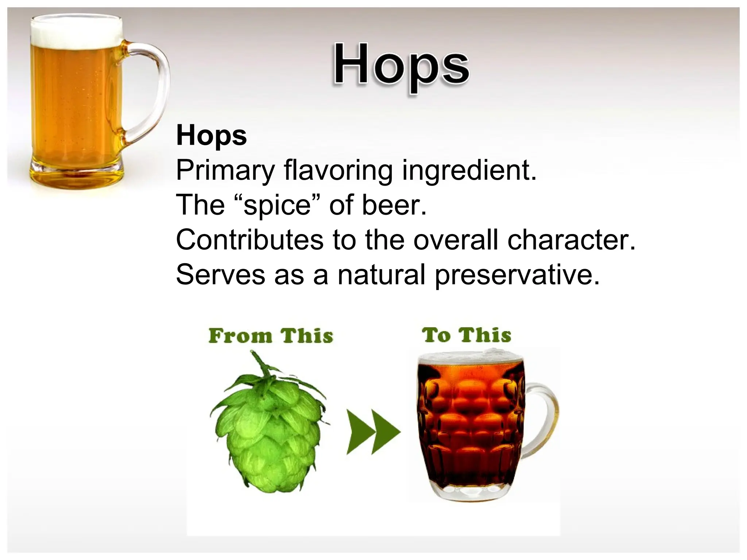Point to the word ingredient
click(469, 171)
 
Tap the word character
click(571, 240)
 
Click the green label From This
click(271, 336)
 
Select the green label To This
click(467, 335)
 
